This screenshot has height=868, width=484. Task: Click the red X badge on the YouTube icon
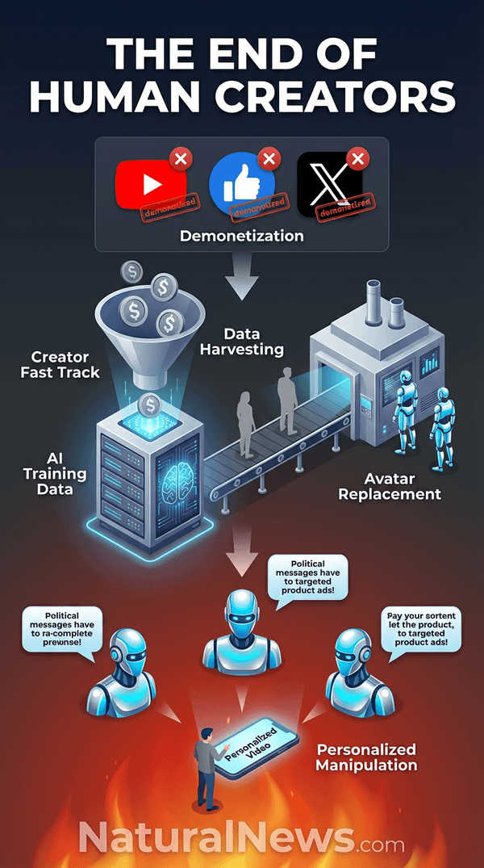tap(181, 158)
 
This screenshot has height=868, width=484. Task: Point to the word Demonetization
tap(242, 237)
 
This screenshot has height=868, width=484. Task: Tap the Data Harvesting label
tap(253, 341)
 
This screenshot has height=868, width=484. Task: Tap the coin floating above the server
tap(148, 405)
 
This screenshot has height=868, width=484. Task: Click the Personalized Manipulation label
tap(366, 757)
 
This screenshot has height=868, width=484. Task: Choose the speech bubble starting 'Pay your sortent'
tap(421, 631)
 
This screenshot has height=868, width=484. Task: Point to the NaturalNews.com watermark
tap(242, 837)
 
